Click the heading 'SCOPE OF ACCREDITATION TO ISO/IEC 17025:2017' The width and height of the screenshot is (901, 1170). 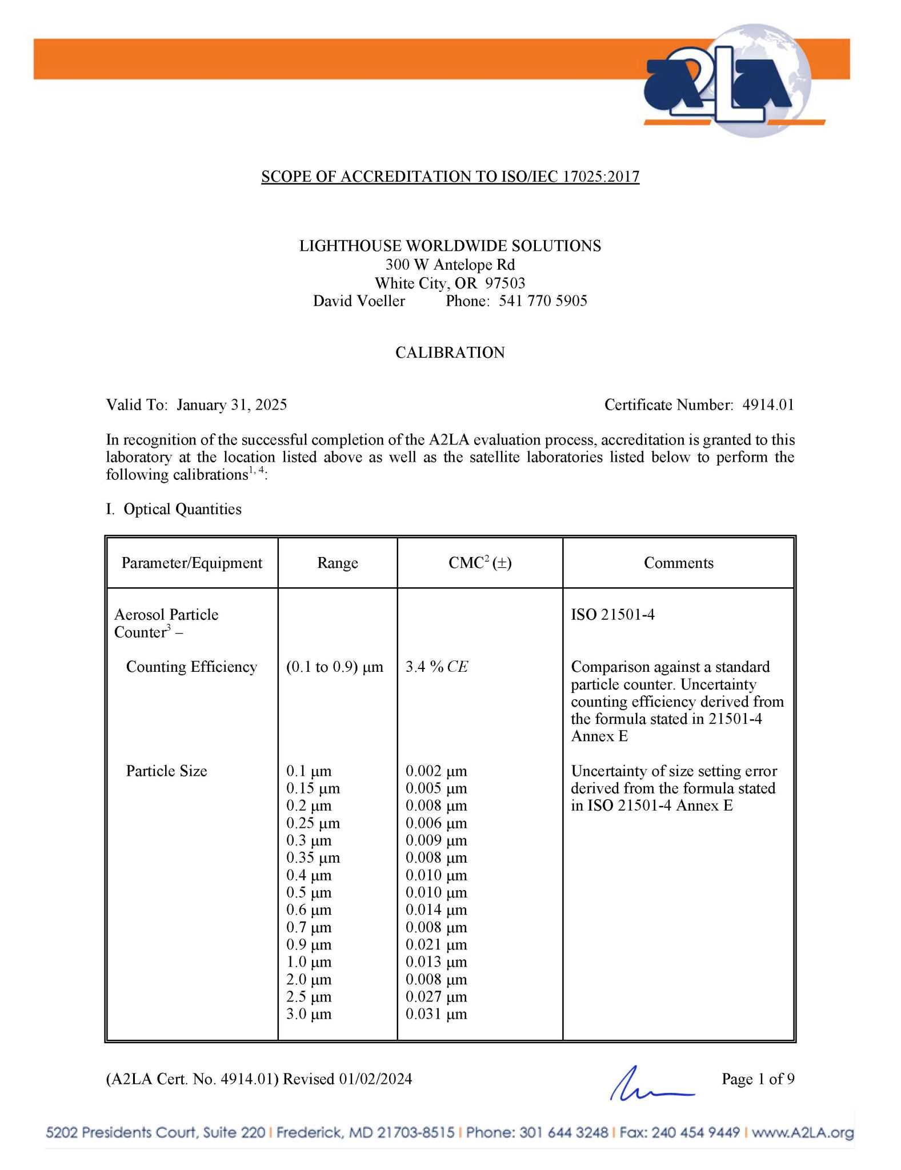coord(450,177)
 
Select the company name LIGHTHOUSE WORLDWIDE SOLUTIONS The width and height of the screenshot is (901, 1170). coord(450,246)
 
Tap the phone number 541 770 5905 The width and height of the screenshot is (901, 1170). coord(543,301)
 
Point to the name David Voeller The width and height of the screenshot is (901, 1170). coord(359,301)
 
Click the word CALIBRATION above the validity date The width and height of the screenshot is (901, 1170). coord(450,352)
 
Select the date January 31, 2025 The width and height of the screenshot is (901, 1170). coord(231,405)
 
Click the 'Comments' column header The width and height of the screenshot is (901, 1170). coord(679,563)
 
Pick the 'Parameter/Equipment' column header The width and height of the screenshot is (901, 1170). coord(192,563)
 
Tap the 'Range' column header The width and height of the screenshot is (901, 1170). coord(338,563)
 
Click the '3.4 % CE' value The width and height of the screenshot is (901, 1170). coord(437,667)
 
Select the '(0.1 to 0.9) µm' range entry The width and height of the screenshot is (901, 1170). coord(335,667)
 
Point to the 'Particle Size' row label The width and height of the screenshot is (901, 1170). coord(166,771)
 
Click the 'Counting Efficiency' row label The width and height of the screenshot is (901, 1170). coord(191,667)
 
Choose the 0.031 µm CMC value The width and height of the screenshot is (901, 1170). coord(437,1014)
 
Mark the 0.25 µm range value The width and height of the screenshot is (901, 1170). coord(313,823)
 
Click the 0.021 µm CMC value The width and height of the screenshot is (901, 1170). coord(437,944)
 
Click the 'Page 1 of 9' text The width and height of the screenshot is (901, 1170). coord(758,1079)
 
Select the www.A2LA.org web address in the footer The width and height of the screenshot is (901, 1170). coord(802,1132)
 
